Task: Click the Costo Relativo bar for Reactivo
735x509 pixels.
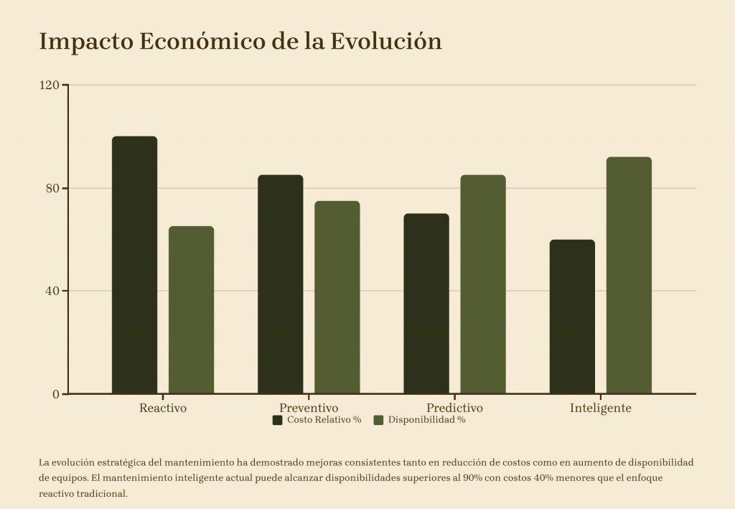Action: point(134,265)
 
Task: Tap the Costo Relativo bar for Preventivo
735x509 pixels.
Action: point(281,284)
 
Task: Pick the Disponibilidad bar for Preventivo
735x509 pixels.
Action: point(337,297)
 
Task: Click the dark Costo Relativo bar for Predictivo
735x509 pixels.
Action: point(426,304)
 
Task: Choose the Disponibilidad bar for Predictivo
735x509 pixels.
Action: point(483,284)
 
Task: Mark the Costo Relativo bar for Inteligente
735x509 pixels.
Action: point(572,317)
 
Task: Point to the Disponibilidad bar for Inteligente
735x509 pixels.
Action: point(629,275)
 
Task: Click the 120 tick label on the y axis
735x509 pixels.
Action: point(50,85)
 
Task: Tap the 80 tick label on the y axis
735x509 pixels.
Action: point(52,188)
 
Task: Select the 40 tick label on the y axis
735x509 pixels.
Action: point(52,291)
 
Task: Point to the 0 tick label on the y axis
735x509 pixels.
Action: point(56,394)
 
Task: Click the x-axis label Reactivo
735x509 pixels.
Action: point(163,408)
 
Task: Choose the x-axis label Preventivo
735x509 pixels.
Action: point(309,408)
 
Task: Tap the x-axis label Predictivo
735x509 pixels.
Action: point(454,408)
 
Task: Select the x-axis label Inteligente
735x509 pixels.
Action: point(601,408)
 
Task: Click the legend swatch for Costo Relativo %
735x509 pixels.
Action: point(277,420)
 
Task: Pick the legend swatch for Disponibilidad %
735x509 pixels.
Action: point(378,420)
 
